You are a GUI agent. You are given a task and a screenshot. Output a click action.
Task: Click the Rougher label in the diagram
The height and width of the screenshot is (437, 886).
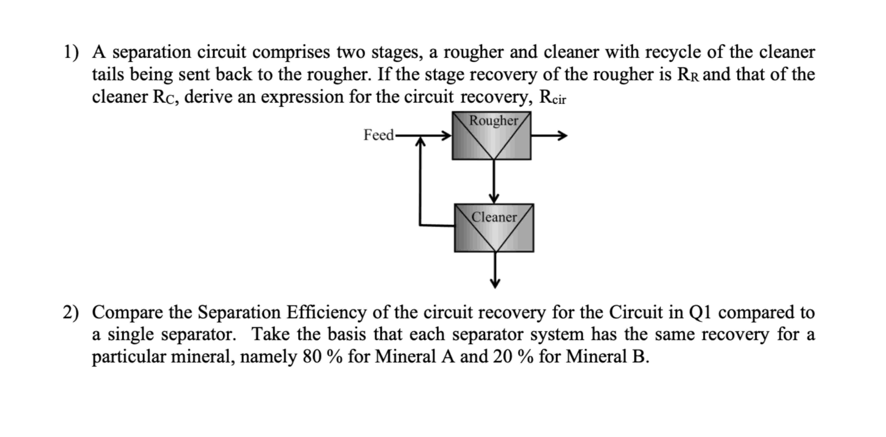[x=494, y=121]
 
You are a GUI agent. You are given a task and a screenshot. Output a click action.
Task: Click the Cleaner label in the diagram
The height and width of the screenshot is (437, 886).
[x=494, y=217]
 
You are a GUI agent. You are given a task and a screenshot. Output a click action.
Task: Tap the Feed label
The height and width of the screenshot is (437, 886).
[x=378, y=135]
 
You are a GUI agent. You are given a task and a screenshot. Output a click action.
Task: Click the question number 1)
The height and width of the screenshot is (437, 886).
[x=71, y=52]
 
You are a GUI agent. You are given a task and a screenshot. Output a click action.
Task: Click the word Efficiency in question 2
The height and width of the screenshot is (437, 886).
[x=326, y=312]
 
